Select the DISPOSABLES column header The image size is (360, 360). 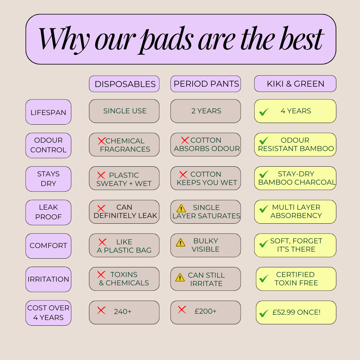pyautogui.click(x=124, y=84)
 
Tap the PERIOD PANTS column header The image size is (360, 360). pyautogui.click(x=205, y=84)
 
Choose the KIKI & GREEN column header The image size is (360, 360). pyautogui.click(x=295, y=84)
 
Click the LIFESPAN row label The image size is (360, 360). pyautogui.click(x=48, y=112)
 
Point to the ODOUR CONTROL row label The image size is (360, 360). pyautogui.click(x=48, y=145)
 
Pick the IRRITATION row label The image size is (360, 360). pyautogui.click(x=48, y=279)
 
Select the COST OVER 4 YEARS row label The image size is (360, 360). pyautogui.click(x=48, y=313)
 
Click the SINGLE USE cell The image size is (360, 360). pyautogui.click(x=124, y=111)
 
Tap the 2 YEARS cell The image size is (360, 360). pyautogui.click(x=205, y=111)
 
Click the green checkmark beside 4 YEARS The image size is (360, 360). pyautogui.click(x=264, y=112)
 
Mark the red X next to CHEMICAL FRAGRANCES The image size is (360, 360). pyautogui.click(x=102, y=141)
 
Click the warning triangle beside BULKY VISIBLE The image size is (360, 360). pyautogui.click(x=180, y=242)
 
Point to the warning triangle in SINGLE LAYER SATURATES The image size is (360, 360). pyautogui.click(x=181, y=208)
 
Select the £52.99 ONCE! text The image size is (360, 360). pyautogui.click(x=296, y=312)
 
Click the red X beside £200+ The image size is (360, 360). pyautogui.click(x=182, y=310)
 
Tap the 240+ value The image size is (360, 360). pyautogui.click(x=123, y=312)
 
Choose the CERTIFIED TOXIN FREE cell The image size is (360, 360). pyautogui.click(x=296, y=279)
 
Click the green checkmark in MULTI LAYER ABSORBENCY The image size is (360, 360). pyautogui.click(x=264, y=209)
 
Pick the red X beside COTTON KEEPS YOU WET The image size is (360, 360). pyautogui.click(x=183, y=175)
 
